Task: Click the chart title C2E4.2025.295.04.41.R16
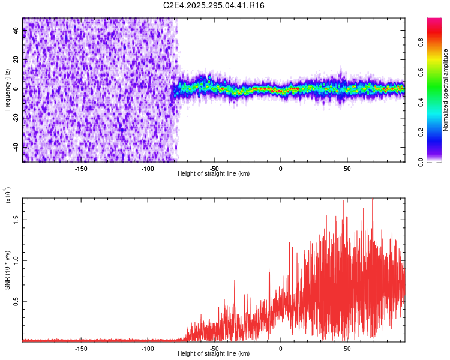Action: (x=214, y=5)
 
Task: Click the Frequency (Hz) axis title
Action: (x=7, y=89)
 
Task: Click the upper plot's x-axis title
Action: (x=214, y=173)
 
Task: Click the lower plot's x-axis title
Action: (x=214, y=354)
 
